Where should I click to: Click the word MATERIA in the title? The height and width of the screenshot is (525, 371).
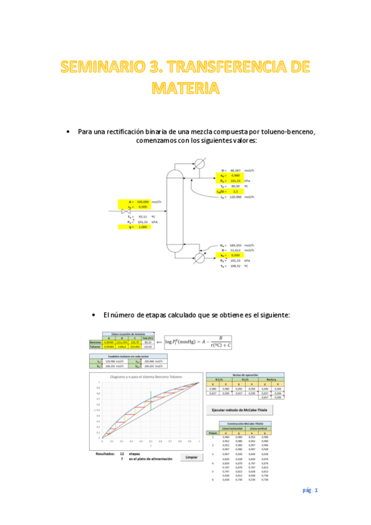coord(185,87)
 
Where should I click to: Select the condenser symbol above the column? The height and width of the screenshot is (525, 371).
coord(200,164)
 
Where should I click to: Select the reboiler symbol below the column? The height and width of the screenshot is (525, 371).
coord(199,259)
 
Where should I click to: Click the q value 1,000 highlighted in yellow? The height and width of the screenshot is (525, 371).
coord(142,227)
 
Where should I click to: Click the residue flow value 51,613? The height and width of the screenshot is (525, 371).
coord(235,250)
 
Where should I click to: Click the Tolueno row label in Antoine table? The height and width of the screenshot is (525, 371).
coord(94,347)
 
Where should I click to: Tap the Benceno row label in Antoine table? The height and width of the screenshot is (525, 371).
coord(94,342)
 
